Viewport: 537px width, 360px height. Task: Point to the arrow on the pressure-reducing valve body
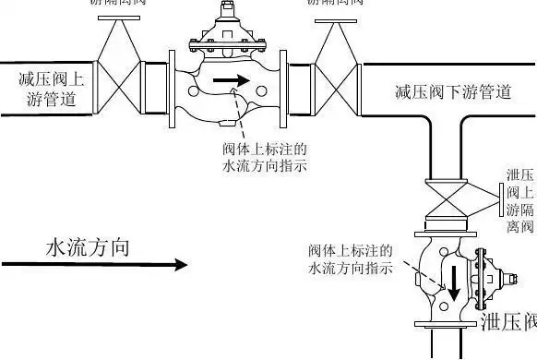tap(231, 80)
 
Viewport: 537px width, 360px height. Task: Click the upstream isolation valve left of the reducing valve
tap(118, 66)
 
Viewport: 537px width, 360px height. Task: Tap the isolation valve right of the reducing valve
tap(336, 66)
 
